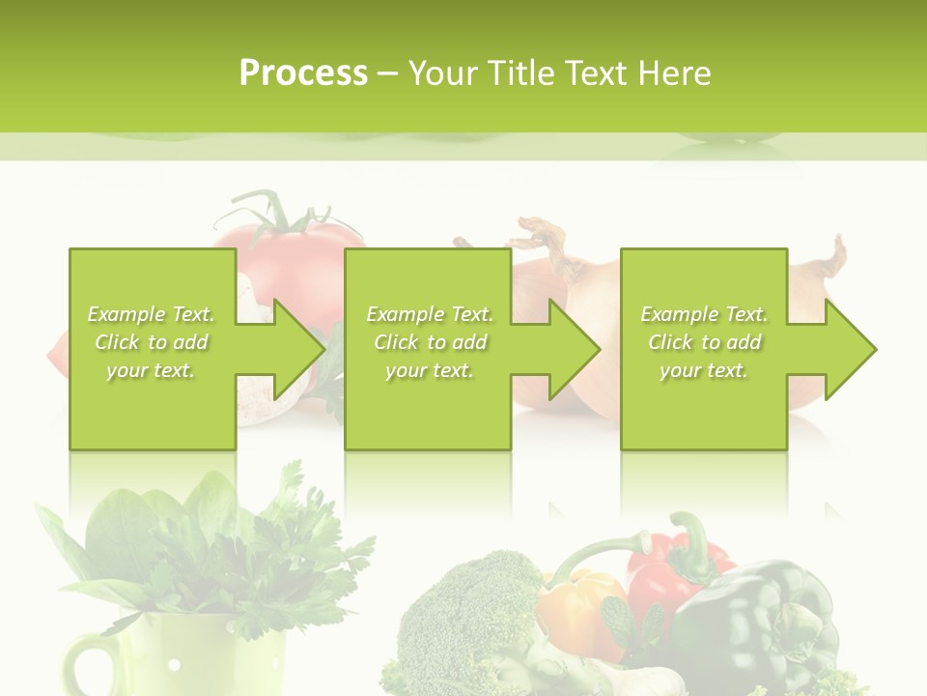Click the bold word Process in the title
[303, 72]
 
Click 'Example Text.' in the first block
[151, 314]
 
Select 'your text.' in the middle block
[429, 370]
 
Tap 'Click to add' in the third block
[704, 342]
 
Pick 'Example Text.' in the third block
[704, 314]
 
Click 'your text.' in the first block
[151, 370]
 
